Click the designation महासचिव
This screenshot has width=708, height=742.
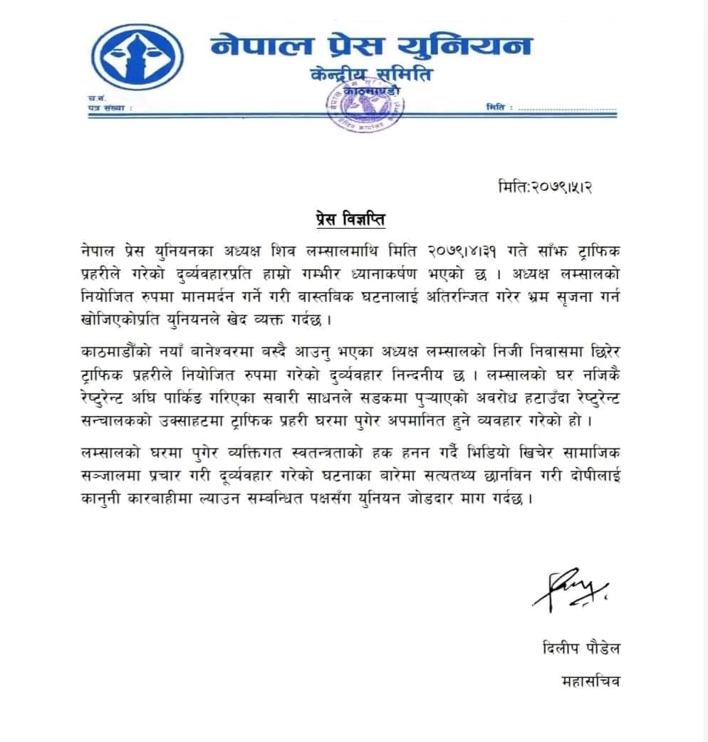pyautogui.click(x=590, y=681)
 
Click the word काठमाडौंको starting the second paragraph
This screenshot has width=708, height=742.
pyautogui.click(x=120, y=353)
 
